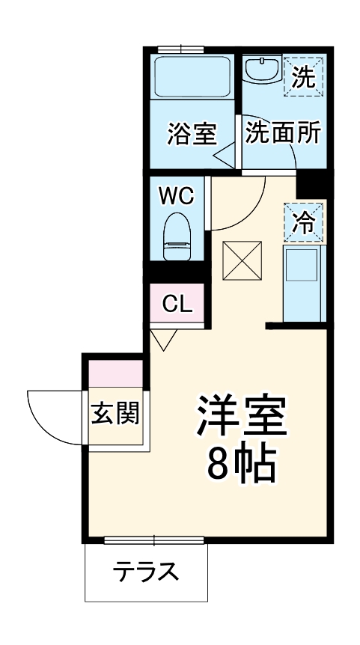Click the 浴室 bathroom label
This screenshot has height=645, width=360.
pos(192,135)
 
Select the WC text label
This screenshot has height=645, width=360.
pos(177,197)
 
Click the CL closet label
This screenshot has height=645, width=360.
pos(177,304)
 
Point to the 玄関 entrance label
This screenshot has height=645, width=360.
pos(116,412)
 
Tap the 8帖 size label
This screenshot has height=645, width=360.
pos(241,465)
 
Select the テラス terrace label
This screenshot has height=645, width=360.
pos(146,573)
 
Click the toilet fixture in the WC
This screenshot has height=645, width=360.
pos(177,235)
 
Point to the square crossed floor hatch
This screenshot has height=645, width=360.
pos(241,260)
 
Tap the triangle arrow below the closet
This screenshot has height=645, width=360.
pos(163,340)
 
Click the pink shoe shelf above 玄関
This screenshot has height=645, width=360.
pos(116,372)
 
